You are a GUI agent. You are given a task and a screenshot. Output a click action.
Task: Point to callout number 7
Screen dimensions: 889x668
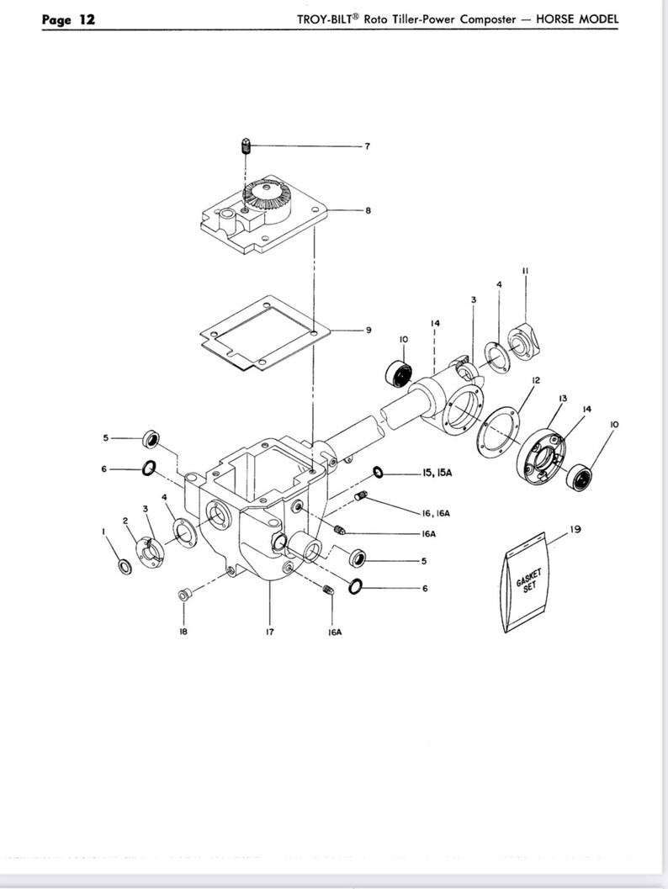tap(367, 146)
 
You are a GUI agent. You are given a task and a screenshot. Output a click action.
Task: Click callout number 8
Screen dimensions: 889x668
tap(368, 210)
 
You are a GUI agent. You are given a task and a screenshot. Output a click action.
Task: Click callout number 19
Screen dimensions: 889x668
tap(575, 530)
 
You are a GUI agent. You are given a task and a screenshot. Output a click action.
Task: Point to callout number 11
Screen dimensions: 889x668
tap(524, 271)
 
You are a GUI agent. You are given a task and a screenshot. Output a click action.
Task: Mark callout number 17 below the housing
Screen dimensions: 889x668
tap(270, 632)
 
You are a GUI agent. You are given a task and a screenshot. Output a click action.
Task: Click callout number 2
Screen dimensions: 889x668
tap(125, 521)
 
